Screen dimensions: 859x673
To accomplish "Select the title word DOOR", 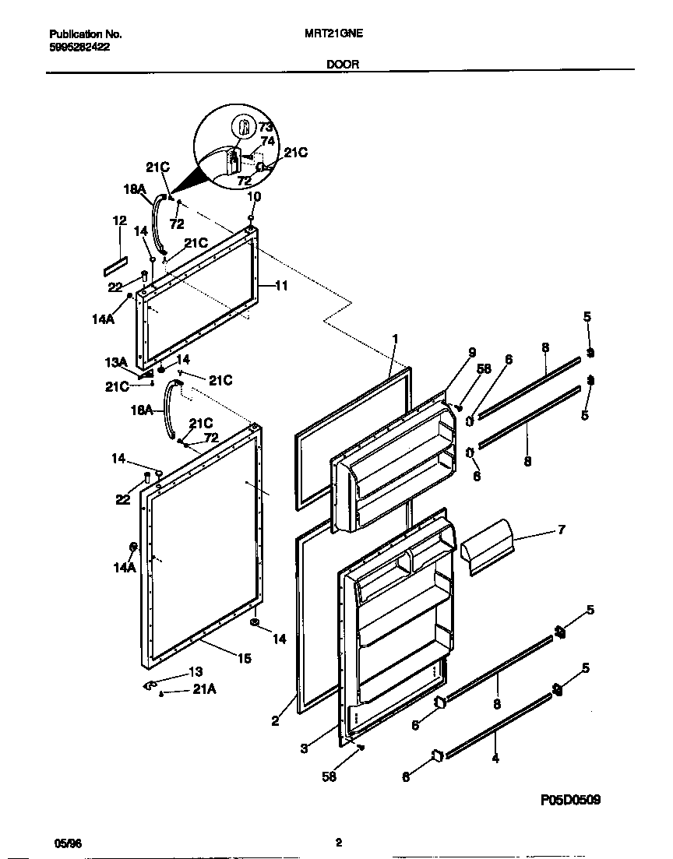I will click(x=344, y=65).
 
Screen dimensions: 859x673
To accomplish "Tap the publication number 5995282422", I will click(x=79, y=47).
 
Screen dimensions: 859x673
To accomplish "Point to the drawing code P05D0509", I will click(x=570, y=800).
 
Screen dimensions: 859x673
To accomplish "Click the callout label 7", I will click(x=562, y=530).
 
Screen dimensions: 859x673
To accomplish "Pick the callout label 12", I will click(x=119, y=221).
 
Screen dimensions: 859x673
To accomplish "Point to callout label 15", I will click(x=244, y=658).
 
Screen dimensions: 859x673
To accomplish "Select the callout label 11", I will click(x=281, y=286).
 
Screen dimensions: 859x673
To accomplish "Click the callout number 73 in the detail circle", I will click(x=266, y=127).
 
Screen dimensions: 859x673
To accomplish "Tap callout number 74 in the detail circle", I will click(x=267, y=141).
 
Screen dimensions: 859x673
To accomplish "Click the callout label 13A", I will click(x=116, y=362).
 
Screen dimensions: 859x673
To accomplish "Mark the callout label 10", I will click(x=254, y=197).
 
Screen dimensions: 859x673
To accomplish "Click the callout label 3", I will click(x=305, y=748).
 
